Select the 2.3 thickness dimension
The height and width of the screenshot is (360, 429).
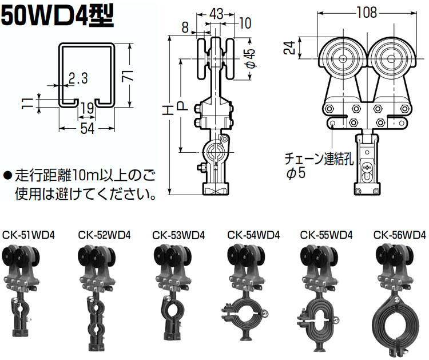(x=78, y=78)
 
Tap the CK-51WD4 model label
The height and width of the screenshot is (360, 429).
(x=29, y=234)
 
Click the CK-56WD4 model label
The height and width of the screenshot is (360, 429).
(x=399, y=234)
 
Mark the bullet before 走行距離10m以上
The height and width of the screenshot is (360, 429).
(x=7, y=175)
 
